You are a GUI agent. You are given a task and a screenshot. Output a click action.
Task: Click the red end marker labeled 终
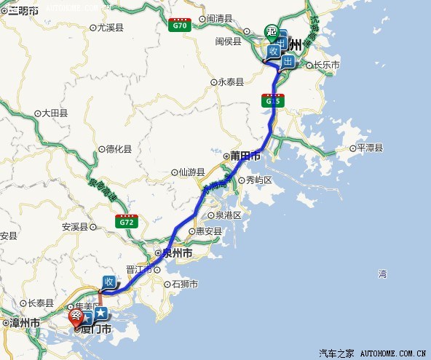pyautogui.click(x=76, y=317)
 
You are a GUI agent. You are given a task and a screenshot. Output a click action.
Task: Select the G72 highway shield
pyautogui.click(x=125, y=220)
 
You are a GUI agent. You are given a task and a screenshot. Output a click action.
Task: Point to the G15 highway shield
pyautogui.click(x=272, y=100)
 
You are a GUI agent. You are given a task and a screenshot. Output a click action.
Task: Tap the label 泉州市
pyautogui.click(x=176, y=254)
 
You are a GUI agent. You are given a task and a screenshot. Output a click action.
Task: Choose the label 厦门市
pyautogui.click(x=99, y=329)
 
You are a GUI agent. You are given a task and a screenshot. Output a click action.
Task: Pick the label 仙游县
pyautogui.click(x=189, y=172)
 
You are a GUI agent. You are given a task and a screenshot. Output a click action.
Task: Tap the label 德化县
pyautogui.click(x=118, y=149)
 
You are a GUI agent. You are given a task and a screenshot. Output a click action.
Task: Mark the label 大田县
pyautogui.click(x=54, y=113)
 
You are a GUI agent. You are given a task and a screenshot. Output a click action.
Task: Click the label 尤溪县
pyautogui.click(x=109, y=27)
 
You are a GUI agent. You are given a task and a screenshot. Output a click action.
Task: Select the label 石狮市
pyautogui.click(x=184, y=284)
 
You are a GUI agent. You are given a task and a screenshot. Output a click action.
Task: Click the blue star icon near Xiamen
pyautogui.click(x=101, y=313)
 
